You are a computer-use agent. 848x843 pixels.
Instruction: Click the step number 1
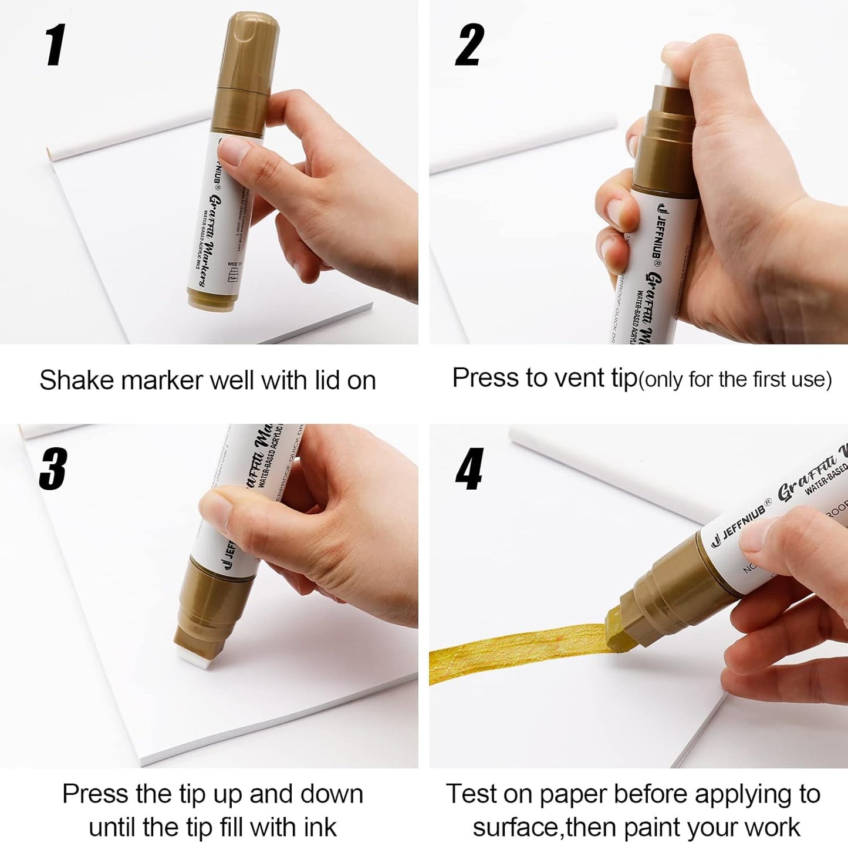point(56,45)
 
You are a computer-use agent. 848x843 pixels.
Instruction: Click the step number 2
point(469,45)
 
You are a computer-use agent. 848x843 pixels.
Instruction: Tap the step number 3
point(53,468)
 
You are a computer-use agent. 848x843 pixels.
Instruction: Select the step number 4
point(469,468)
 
